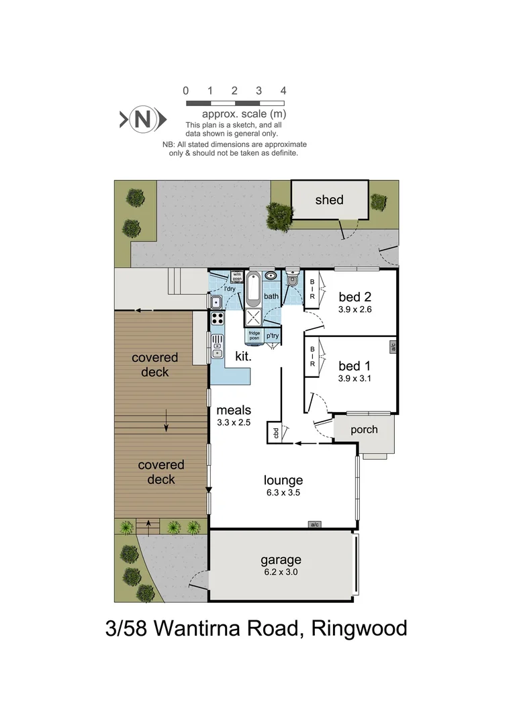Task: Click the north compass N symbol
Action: click(142, 119)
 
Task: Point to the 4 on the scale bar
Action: click(283, 91)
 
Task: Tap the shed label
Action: click(329, 199)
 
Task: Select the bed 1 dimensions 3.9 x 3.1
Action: click(355, 378)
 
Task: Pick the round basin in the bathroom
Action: click(271, 275)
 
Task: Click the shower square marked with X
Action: click(253, 318)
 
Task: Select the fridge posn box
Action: click(254, 336)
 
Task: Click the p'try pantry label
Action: click(272, 336)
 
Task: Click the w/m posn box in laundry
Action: click(236, 276)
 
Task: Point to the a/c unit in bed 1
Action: click(392, 347)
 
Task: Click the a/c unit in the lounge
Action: click(314, 524)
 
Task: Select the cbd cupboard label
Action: click(275, 432)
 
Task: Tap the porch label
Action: click(364, 430)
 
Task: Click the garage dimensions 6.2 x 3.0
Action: click(281, 573)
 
